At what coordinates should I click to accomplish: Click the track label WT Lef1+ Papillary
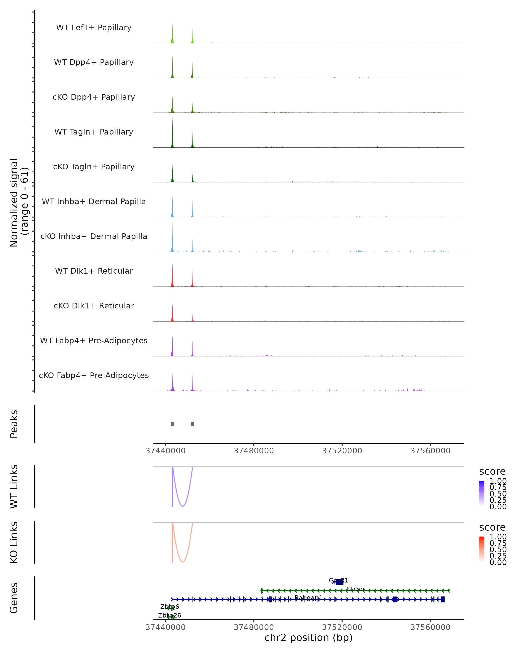[94, 28]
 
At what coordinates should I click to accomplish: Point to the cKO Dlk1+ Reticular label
[94, 306]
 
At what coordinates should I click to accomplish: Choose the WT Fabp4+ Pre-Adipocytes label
[94, 340]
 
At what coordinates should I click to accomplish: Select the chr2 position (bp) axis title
[308, 638]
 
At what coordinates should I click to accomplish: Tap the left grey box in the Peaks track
[172, 424]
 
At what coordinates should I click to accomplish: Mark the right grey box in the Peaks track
[192, 424]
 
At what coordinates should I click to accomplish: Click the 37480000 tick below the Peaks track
[254, 451]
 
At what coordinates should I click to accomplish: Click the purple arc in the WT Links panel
[182, 506]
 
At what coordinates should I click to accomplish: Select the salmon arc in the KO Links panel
[182, 562]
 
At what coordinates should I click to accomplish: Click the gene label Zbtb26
[169, 615]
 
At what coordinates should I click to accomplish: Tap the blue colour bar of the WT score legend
[482, 493]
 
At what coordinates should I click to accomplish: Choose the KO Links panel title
[14, 542]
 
